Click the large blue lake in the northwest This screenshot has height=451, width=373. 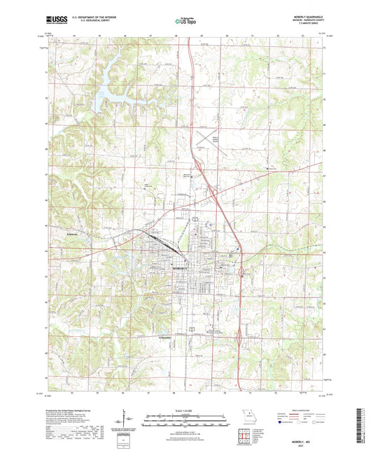click(105, 88)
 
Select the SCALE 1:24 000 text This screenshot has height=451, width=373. click(185, 409)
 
